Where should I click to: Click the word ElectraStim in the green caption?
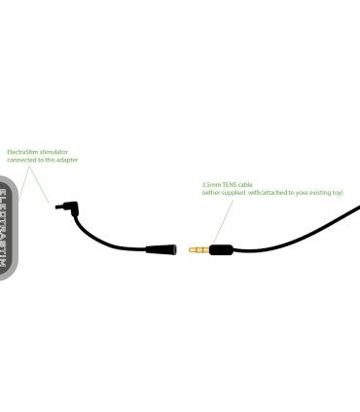(20, 151)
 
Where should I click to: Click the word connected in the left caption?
(22, 159)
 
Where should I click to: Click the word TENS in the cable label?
(231, 183)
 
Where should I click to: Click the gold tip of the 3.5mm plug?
(194, 249)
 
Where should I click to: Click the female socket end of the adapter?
(169, 249)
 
